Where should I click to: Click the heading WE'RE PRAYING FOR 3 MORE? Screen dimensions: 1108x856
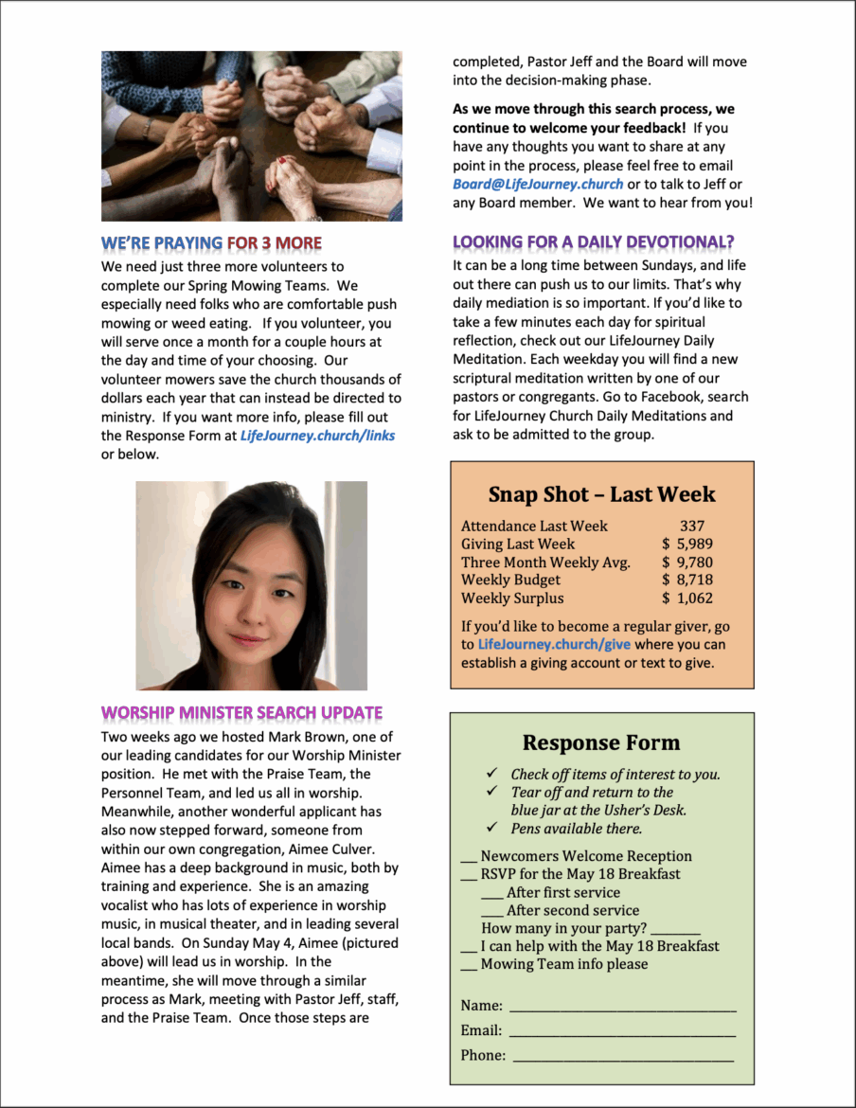pos(211,243)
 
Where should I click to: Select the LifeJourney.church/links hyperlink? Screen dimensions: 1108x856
pos(317,436)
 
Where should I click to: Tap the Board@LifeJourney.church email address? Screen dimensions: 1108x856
pos(538,184)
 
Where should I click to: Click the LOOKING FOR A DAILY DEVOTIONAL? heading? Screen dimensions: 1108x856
pos(594,242)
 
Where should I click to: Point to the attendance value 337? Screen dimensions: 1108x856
pos(692,526)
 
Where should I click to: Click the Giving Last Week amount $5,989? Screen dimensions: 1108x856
pos(688,544)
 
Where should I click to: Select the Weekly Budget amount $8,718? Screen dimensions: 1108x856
pos(688,580)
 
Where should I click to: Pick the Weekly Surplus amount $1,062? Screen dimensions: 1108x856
pos(688,598)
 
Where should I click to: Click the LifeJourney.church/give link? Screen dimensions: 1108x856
pos(554,645)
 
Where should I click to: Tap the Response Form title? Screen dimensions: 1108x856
pos(601,742)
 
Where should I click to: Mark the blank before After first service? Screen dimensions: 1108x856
pos(491,894)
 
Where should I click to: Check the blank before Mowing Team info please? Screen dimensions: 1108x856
pos(468,966)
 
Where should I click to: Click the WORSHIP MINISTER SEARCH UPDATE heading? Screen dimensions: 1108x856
pos(241,712)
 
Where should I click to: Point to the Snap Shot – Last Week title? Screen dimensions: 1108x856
pos(601,494)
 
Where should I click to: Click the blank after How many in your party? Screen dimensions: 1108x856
pos(675,931)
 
